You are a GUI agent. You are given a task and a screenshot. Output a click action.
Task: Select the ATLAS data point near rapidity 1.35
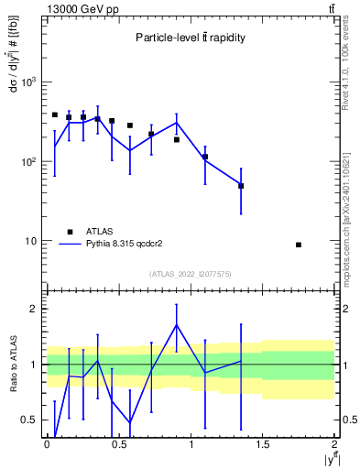(x=241, y=186)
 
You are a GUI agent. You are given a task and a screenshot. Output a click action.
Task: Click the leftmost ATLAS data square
(x=55, y=115)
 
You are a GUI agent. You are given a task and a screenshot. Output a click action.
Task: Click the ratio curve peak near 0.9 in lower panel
(x=176, y=324)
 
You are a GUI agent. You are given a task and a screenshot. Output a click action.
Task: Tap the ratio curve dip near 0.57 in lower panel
(x=129, y=422)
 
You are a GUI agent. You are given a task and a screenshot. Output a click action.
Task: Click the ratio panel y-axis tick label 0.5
(x=30, y=420)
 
